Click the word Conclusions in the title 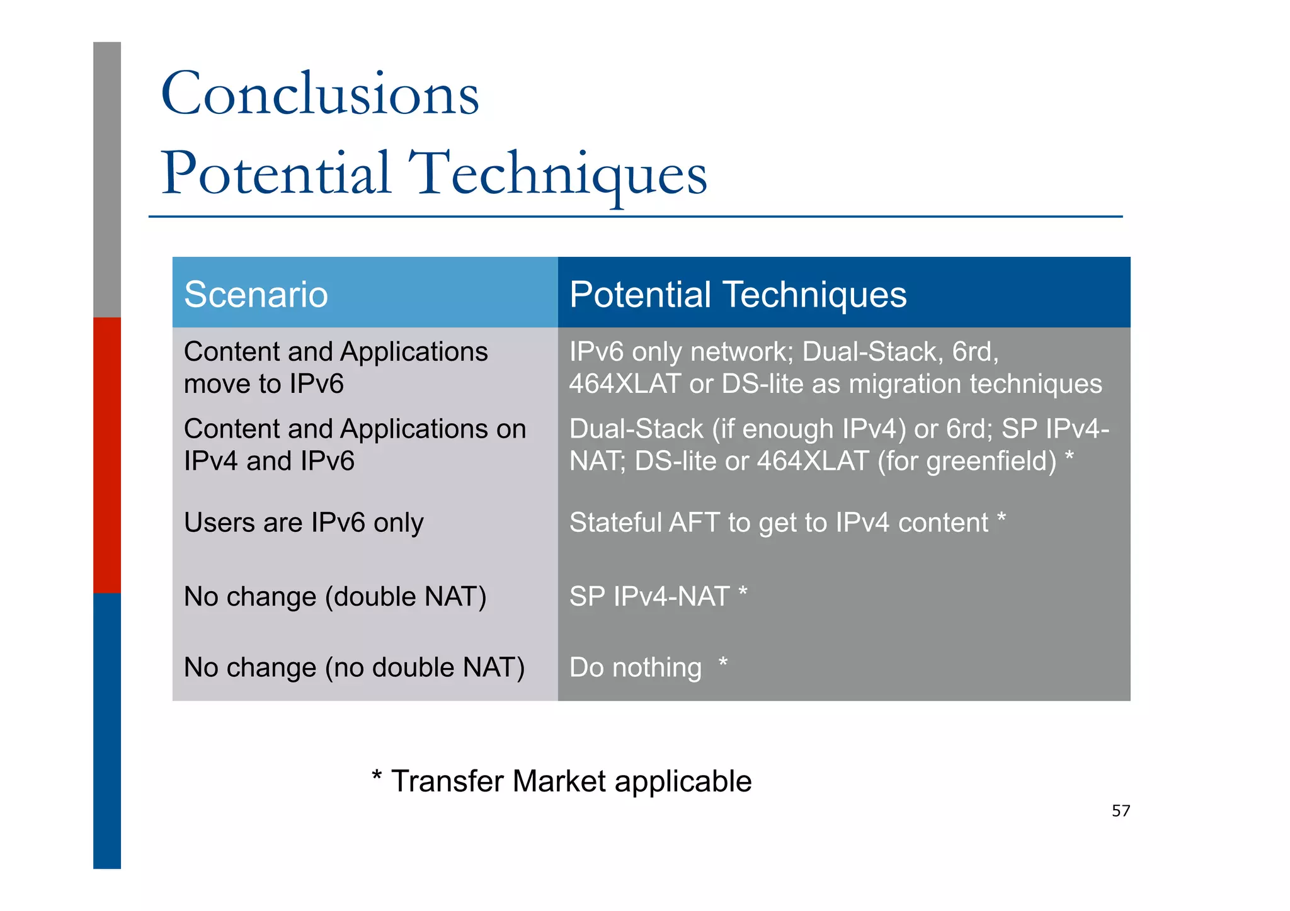[320, 94]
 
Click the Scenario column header [256, 295]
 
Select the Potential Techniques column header [738, 295]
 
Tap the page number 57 [1121, 811]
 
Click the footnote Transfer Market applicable [562, 781]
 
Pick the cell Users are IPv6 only [304, 523]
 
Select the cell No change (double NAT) [335, 597]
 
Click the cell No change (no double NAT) [354, 667]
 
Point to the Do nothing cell [635, 667]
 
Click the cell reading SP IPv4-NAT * [658, 597]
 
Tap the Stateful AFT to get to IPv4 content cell [779, 523]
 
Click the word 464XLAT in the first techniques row [625, 384]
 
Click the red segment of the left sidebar [107, 455]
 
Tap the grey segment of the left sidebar [107, 179]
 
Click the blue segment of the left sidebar [107, 730]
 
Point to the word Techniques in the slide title [557, 173]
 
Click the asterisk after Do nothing [723, 662]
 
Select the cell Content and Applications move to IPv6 [335, 368]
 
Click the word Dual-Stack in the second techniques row [636, 429]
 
